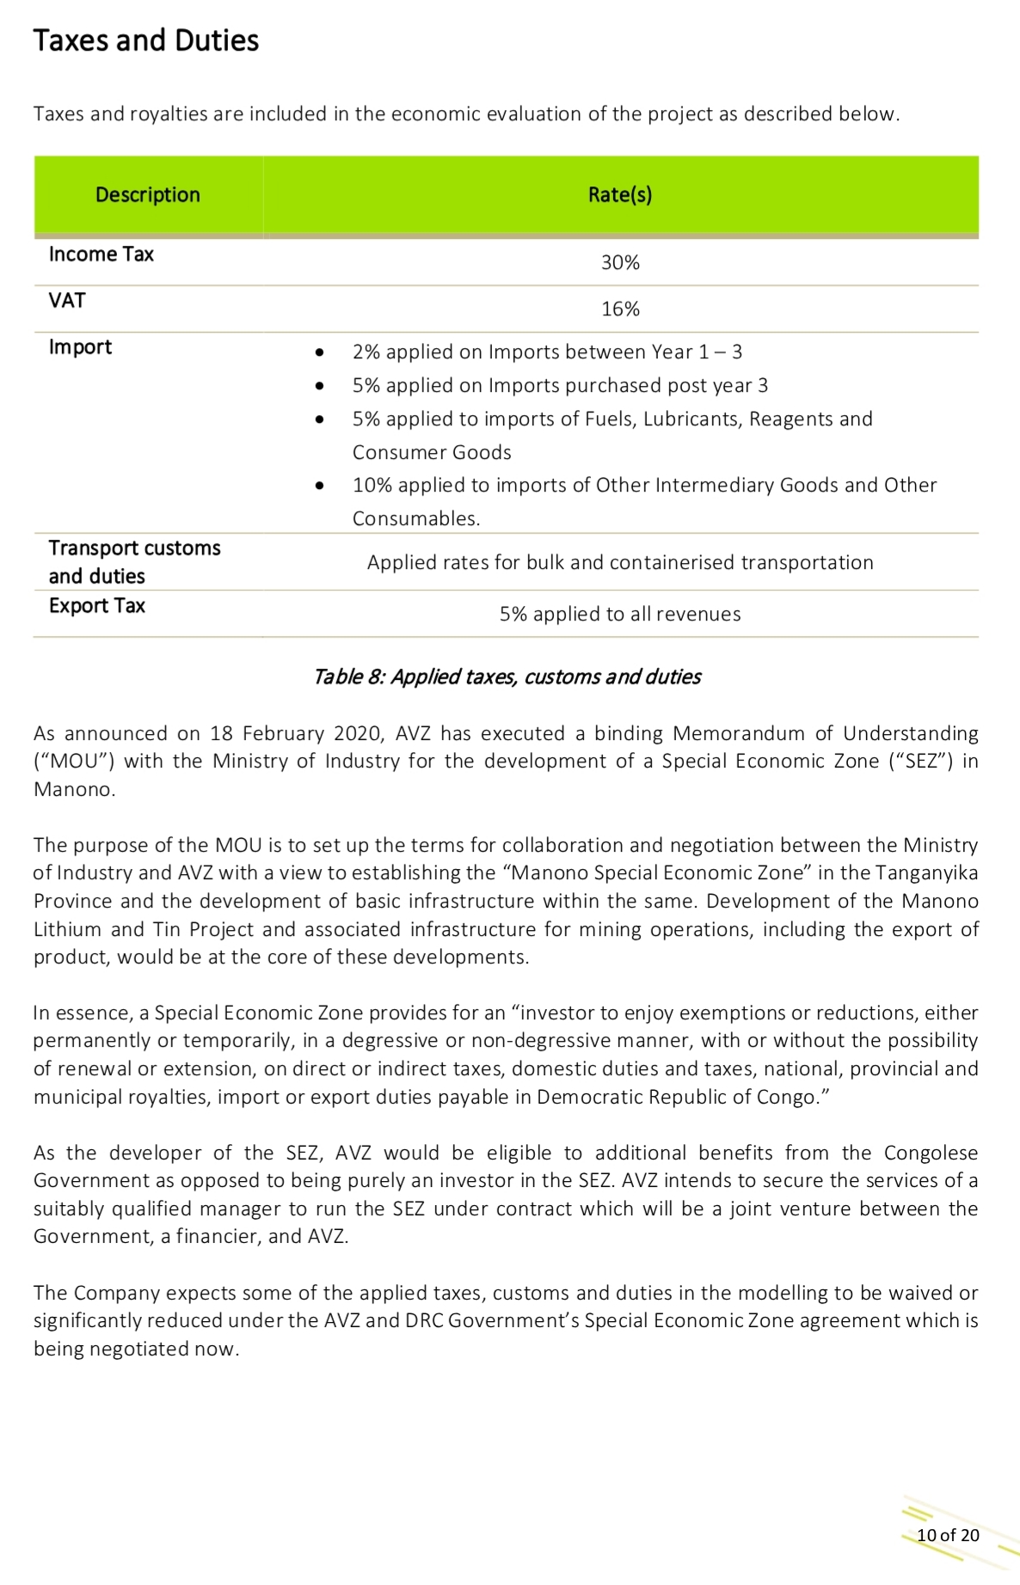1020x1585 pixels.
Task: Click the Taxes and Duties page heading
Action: (x=145, y=40)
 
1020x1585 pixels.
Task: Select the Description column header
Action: (x=148, y=195)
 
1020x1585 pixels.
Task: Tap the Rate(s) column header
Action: (x=620, y=195)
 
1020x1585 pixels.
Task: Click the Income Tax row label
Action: (x=101, y=254)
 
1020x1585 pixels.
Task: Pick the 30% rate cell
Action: (x=620, y=263)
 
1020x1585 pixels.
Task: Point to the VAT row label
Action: (x=67, y=301)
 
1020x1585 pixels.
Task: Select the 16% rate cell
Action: (x=620, y=309)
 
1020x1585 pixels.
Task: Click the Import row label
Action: (x=80, y=347)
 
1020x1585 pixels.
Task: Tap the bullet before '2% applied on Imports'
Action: (x=320, y=352)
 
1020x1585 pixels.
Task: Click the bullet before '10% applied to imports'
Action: (x=320, y=486)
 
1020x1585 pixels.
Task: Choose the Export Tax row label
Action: (x=97, y=606)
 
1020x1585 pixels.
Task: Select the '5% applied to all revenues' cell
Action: (x=620, y=615)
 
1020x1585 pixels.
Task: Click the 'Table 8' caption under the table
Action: (x=507, y=677)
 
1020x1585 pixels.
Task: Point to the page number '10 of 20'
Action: (x=948, y=1535)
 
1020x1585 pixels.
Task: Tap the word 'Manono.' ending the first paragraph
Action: (x=74, y=790)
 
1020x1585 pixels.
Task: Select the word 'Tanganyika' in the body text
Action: (x=926, y=873)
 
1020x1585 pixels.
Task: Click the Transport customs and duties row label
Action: (x=134, y=562)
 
